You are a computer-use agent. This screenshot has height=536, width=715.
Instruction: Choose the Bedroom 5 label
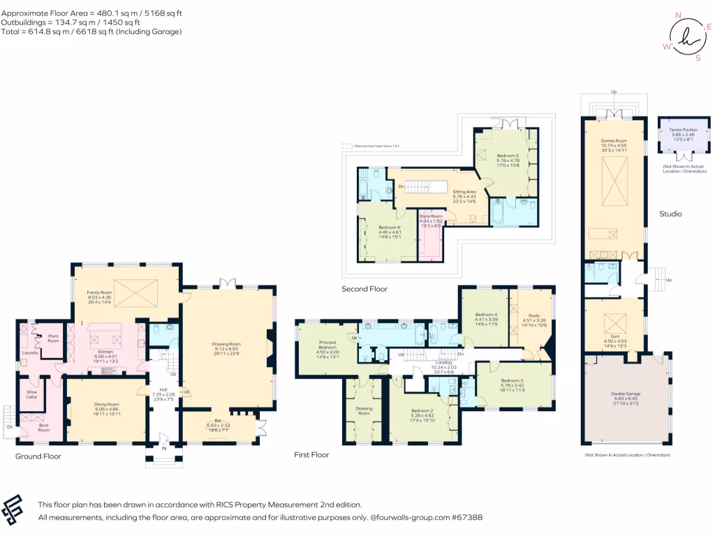(x=507, y=155)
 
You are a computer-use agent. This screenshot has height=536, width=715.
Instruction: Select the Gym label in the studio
(x=614, y=338)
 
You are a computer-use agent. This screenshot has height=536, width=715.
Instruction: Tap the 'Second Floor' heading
(x=364, y=288)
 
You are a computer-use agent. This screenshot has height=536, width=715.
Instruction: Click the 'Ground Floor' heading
(x=38, y=456)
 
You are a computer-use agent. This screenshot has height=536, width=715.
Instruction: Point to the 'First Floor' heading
(x=311, y=454)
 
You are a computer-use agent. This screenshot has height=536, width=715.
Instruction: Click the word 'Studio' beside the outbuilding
(x=671, y=214)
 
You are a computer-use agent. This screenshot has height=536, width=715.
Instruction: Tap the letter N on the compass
(x=677, y=14)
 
